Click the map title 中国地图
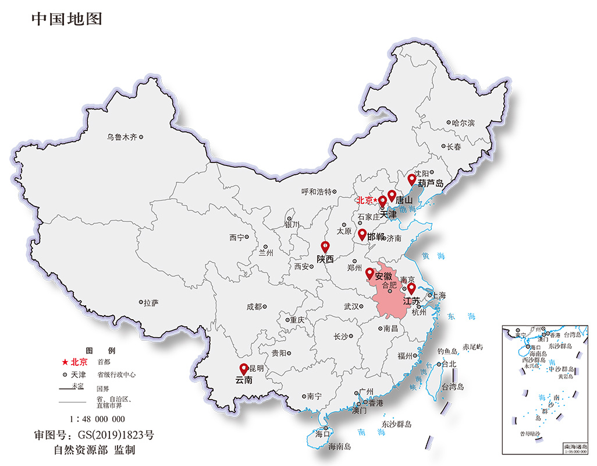67,19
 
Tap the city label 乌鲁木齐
122,137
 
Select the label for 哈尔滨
464,123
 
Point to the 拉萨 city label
151,303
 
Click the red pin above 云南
244,368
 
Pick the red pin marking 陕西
325,246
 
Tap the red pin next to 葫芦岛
412,179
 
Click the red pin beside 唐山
392,195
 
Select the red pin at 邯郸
363,234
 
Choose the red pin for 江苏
411,288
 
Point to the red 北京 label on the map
365,200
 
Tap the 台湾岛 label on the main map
452,387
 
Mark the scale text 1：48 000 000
97,419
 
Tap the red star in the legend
65,362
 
